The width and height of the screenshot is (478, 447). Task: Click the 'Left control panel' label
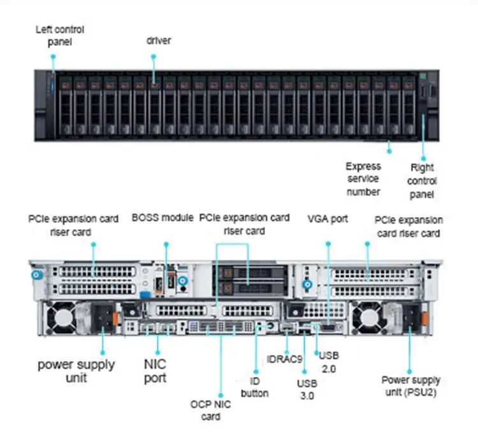[x=60, y=36]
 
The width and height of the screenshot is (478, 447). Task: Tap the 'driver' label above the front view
[x=159, y=41]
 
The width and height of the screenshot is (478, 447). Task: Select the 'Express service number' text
[x=363, y=179]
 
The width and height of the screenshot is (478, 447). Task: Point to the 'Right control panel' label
[x=422, y=181]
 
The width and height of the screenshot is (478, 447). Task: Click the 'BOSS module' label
[x=163, y=218]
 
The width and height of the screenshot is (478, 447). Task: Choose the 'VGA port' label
[x=328, y=218]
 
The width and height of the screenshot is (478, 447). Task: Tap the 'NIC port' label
[x=155, y=371]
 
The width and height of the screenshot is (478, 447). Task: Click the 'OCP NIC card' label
[x=210, y=410]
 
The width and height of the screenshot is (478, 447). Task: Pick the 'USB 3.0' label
[x=306, y=389]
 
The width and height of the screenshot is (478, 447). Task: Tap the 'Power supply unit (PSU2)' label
[x=411, y=386]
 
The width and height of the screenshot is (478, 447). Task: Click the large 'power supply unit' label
[x=76, y=371]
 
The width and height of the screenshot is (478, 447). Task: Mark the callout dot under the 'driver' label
[x=154, y=56]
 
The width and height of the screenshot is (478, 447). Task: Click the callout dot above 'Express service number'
[x=389, y=152]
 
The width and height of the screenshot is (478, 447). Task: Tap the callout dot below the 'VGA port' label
[x=328, y=243]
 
